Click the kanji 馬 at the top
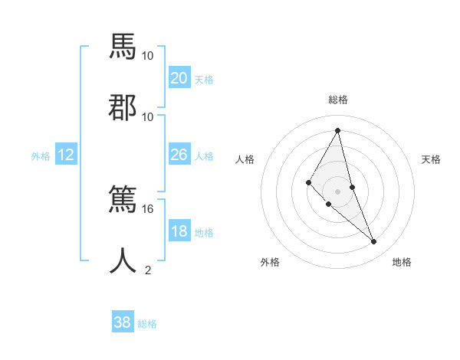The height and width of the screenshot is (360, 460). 123,47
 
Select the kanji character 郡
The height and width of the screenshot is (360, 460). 123,106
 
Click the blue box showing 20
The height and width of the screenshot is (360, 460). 179,78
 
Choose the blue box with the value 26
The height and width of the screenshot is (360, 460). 179,155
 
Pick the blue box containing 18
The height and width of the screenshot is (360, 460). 179,231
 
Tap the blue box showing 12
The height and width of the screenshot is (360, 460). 66,155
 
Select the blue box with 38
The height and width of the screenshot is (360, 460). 123,322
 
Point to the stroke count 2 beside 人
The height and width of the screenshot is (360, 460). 148,270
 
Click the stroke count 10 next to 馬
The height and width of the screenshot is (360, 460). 148,56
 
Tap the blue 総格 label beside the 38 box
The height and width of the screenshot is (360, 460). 147,324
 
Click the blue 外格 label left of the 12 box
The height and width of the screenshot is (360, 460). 41,156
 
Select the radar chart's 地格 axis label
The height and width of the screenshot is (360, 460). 402,263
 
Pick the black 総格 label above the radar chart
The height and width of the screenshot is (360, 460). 337,100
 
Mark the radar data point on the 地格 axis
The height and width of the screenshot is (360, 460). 374,241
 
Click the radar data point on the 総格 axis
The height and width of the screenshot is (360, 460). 337,129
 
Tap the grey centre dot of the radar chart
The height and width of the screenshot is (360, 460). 337,191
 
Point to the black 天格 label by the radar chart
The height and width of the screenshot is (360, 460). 431,159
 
